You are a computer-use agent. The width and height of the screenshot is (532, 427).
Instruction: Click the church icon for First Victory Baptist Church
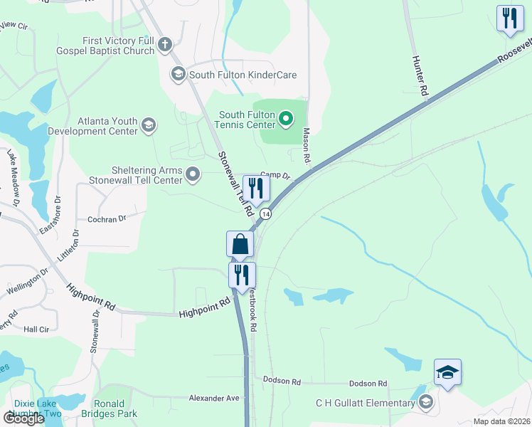pos(165,46)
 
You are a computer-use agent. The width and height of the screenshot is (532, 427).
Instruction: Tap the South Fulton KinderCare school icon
pos(178,74)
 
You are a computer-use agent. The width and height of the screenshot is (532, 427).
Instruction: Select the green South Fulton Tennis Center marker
pos(286,118)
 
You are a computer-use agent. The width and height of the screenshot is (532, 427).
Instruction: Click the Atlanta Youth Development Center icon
pos(148,125)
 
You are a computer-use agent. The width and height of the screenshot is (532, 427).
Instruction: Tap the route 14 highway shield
pos(265,213)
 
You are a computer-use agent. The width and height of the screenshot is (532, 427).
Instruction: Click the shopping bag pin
pos(240,243)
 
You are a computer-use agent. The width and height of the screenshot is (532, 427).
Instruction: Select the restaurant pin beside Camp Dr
pos(255,188)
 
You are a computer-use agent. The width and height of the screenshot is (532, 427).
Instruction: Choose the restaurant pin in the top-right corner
pos(509,19)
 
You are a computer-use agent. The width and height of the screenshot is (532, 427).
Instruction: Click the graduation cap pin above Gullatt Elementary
pos(447,372)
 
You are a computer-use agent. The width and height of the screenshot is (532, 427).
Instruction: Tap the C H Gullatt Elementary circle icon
pos(425,403)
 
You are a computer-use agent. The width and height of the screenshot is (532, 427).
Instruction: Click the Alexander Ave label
pos(214,398)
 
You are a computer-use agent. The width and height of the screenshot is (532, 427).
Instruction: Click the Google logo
pos(23,418)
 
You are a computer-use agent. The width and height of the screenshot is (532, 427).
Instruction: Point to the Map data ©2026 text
pos(501,421)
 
